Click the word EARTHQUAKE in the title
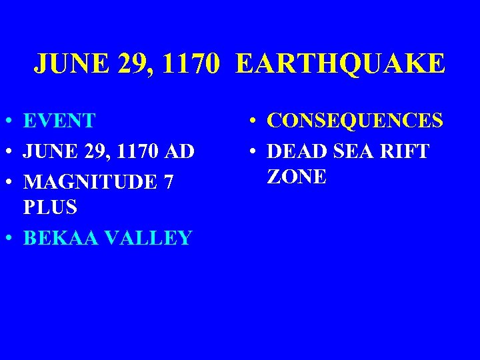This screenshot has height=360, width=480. [x=339, y=65]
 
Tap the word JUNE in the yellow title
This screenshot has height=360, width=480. [x=65, y=65]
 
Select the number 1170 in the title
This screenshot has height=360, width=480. [x=187, y=65]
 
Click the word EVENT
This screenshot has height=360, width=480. [x=59, y=121]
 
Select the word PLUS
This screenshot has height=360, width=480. [x=50, y=207]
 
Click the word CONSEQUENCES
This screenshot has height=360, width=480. [x=355, y=121]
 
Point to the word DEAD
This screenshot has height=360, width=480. [x=294, y=151]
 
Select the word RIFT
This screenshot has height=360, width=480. [x=405, y=151]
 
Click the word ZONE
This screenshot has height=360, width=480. [x=297, y=177]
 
